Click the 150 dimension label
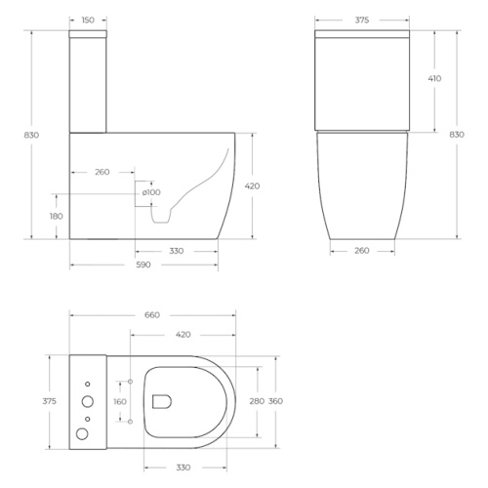point(88,20)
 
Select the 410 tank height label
point(434,78)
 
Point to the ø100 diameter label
point(151,192)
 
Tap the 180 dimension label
point(57,216)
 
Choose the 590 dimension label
point(143,264)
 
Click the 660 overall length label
point(152,315)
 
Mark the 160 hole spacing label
point(120,402)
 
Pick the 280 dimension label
point(257,401)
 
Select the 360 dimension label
point(275,401)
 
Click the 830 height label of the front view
point(457,135)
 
